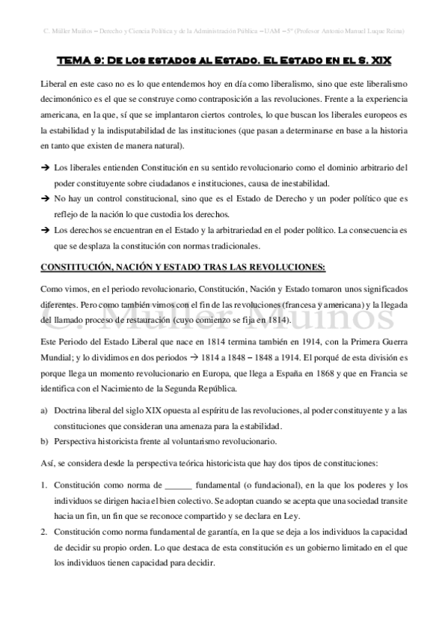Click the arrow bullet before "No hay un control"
(45, 199)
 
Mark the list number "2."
(45, 531)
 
